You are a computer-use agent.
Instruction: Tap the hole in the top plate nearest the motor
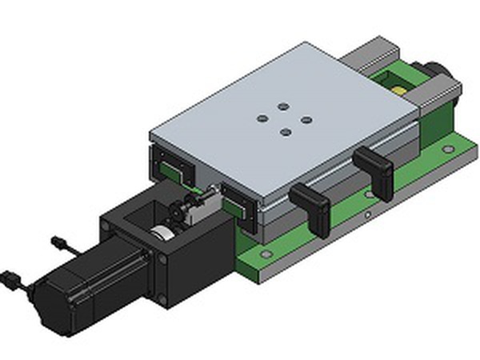click(286, 134)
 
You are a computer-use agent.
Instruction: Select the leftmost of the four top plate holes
click(262, 118)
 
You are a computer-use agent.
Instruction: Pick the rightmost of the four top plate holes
click(306, 120)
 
